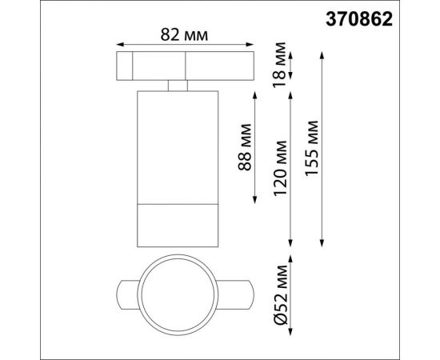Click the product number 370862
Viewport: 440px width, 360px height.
tap(359, 20)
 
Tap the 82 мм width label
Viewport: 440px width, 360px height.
tap(184, 35)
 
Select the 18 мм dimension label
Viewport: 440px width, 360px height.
tap(279, 65)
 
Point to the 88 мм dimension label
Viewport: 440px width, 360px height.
tap(244, 147)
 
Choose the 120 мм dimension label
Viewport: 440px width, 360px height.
tap(280, 168)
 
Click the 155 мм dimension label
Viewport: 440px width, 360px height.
tap(311, 149)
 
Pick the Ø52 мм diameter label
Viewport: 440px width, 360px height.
tap(281, 295)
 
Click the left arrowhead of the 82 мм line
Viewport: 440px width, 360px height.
tap(120, 44)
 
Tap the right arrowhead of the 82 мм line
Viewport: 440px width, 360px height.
tap(250, 44)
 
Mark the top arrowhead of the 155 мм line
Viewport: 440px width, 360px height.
tap(322, 55)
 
